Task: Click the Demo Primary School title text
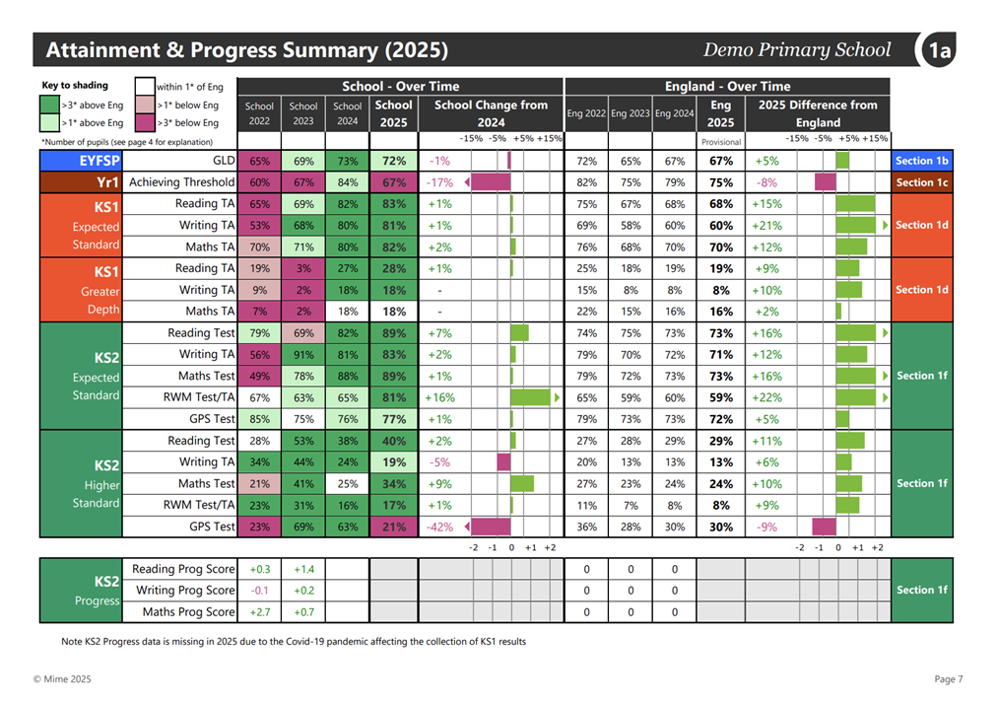[x=797, y=49]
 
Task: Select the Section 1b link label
[x=921, y=161]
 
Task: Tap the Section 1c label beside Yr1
[x=921, y=182]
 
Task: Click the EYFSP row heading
[x=100, y=161]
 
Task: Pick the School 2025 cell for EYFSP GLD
[x=394, y=161]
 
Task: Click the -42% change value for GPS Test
[x=439, y=528]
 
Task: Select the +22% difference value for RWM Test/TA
[x=766, y=397]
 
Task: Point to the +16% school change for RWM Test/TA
[x=440, y=397]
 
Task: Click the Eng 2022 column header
[x=586, y=113]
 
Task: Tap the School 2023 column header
[x=303, y=113]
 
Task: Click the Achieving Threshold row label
[x=182, y=182]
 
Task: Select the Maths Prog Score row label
[x=189, y=611]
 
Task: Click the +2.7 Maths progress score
[x=259, y=612]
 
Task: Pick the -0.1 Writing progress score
[x=259, y=591]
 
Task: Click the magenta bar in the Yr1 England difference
[x=826, y=182]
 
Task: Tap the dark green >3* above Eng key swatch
[x=49, y=105]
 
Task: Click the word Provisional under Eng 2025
[x=721, y=142]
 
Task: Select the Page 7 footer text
[x=949, y=679]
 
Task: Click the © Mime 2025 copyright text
[x=62, y=679]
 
